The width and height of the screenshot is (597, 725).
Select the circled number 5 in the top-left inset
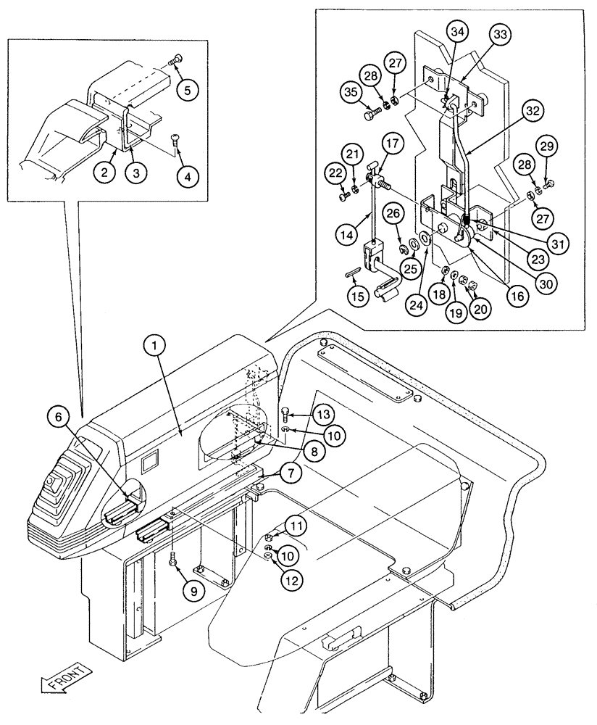(187, 91)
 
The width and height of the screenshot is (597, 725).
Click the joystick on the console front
(54, 481)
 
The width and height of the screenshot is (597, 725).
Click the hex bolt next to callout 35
(372, 113)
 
